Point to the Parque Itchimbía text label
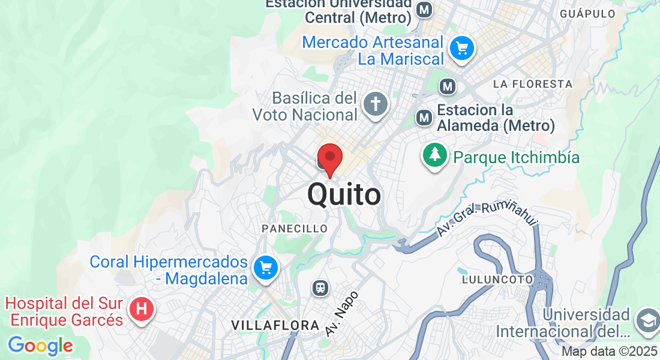pos(517,158)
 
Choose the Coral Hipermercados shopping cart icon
pos(266,268)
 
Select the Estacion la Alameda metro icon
pos(425,118)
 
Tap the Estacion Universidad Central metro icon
pos(425,10)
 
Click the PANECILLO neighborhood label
pos(295,229)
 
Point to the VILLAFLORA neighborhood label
pos(275,325)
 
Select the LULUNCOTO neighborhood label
pos(497,279)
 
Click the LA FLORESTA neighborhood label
pos(533,83)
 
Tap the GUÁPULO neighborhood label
pos(587,13)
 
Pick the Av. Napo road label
pos(342,313)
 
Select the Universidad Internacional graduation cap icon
pos(647,320)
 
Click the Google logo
pos(40,346)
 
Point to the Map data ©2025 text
pos(609,352)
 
